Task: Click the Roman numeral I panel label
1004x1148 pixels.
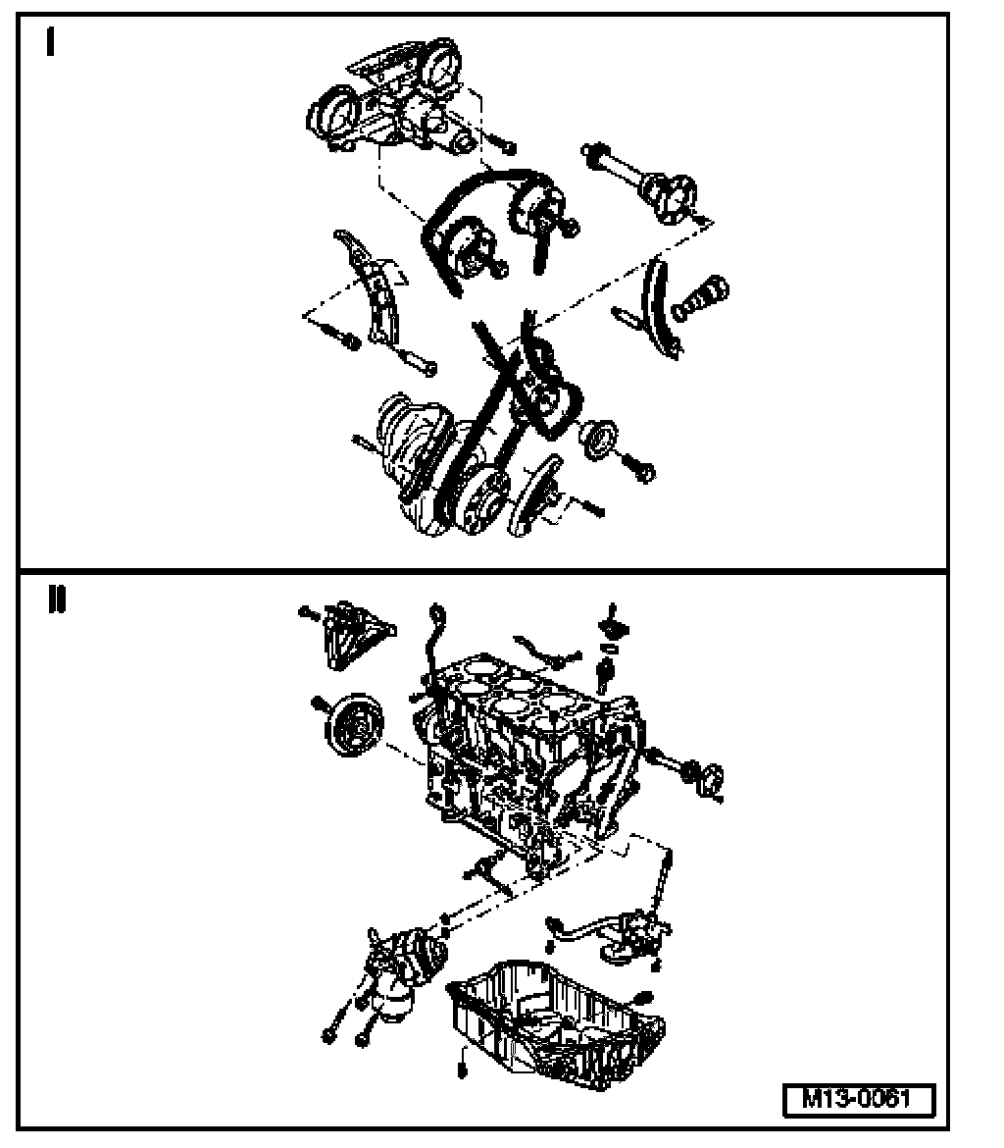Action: [50, 41]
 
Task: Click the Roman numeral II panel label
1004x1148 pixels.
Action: [56, 600]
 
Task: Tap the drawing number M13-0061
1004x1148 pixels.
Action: [858, 1100]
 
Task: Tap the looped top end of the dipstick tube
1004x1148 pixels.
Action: [436, 612]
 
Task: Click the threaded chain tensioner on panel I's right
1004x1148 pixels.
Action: [700, 298]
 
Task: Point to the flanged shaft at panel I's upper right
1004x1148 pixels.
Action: [641, 182]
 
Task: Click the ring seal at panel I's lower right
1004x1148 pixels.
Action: [599, 440]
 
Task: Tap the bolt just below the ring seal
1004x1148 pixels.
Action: [638, 467]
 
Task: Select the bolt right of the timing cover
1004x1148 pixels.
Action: [499, 143]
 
